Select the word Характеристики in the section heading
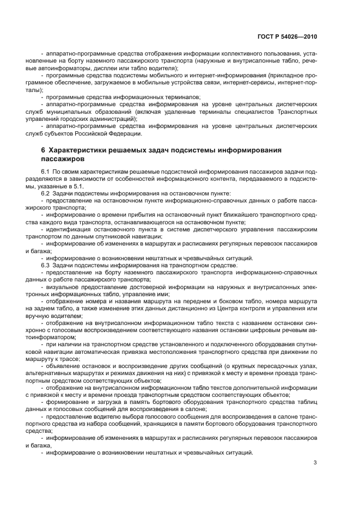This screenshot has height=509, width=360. click(76, 150)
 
